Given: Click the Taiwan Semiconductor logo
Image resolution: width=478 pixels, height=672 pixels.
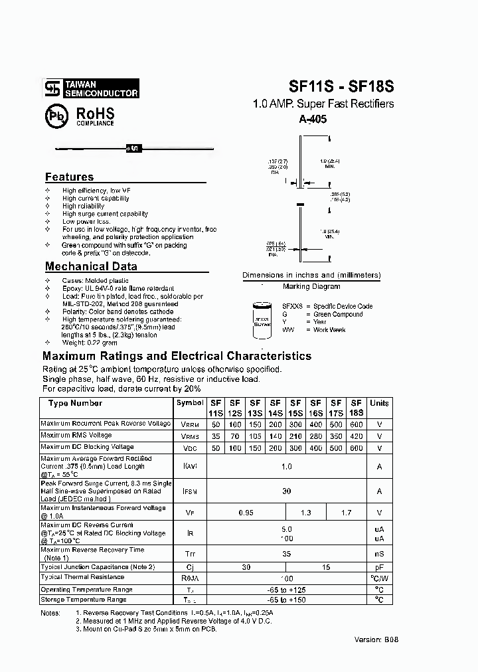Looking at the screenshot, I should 91,89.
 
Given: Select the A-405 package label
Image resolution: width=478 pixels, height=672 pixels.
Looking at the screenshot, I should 313,120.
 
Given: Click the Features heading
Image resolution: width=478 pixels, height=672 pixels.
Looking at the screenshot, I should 69,177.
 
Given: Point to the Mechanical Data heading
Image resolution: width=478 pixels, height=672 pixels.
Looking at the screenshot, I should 91,266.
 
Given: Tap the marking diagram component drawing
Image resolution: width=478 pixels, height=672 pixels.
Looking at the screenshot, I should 261,319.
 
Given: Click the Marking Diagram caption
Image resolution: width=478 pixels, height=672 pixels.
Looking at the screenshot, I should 311,286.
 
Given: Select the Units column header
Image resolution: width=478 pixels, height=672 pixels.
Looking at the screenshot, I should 379,403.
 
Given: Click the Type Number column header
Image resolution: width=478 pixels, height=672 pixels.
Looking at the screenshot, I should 75,403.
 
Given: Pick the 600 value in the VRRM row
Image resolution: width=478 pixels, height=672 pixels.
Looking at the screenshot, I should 356,424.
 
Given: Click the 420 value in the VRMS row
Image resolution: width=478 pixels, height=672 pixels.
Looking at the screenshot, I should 356,436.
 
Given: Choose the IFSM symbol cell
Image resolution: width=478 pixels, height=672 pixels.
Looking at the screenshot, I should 190,491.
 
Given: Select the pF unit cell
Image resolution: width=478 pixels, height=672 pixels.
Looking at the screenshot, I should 379,567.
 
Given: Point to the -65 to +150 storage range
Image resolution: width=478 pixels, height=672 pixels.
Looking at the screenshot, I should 286,600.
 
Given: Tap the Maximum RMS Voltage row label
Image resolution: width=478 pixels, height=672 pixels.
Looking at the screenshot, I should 76,436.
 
